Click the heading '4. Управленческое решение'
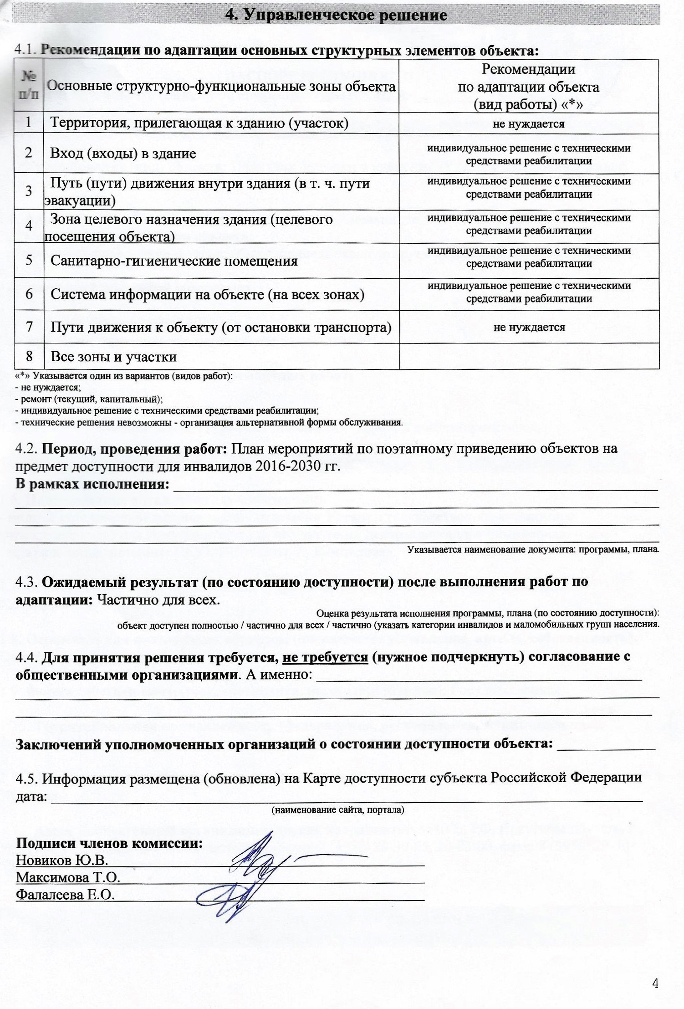pos(337,15)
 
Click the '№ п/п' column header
pos(29,86)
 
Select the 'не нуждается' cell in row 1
pos(528,124)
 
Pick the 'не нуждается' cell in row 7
pos(529,327)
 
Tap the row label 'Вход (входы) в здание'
pos(123,154)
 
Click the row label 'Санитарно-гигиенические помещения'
pos(174,261)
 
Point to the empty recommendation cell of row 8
pos(529,356)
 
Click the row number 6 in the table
pos(29,294)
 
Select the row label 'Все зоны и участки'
pos(113,356)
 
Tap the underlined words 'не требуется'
pos(325,657)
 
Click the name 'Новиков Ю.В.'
pos(61,860)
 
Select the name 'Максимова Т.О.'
pos(68,877)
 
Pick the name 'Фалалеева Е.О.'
pos(65,895)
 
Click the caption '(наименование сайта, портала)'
pos(337,810)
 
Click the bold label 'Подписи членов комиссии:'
pos(109,843)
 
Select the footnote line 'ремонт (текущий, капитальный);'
pos(89,399)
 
